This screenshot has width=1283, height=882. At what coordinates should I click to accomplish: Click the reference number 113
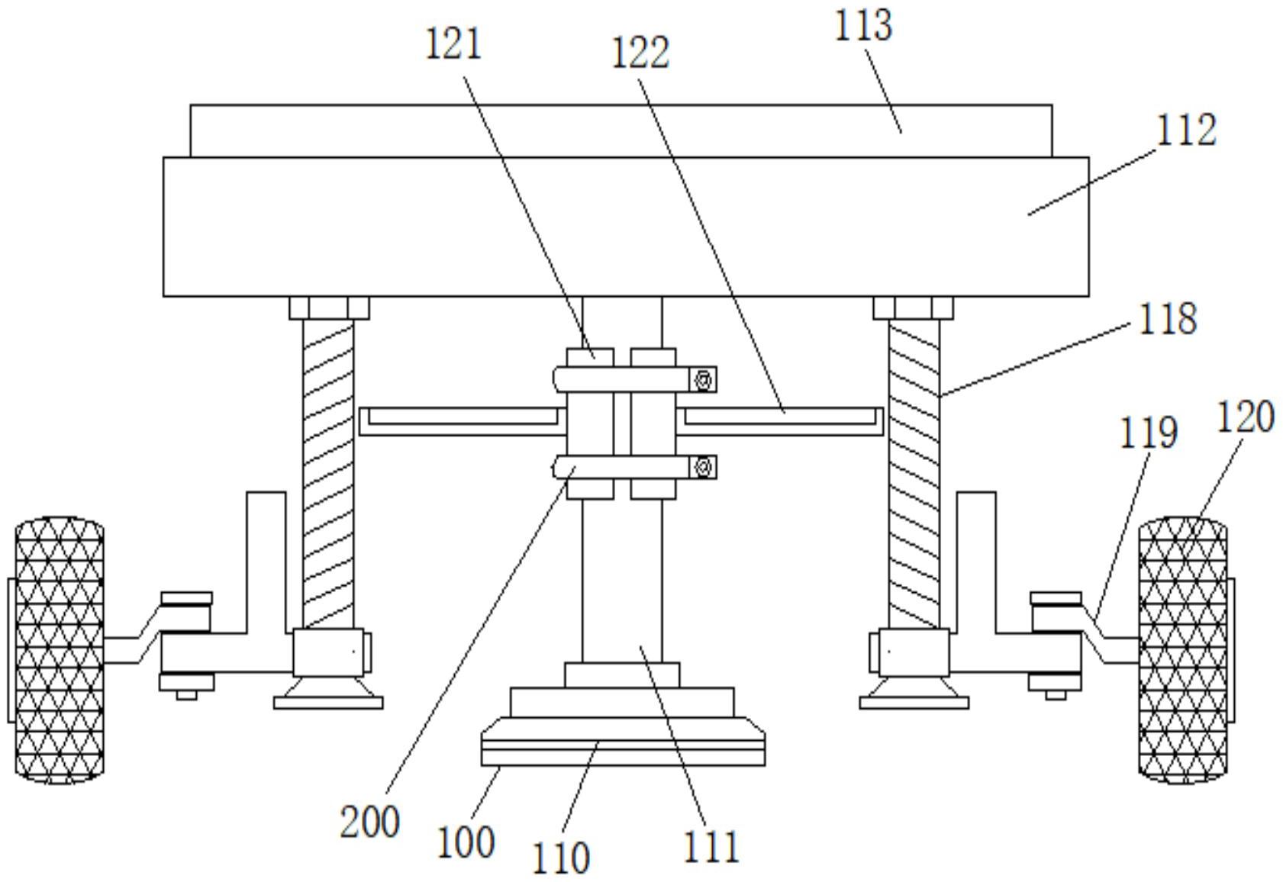click(862, 24)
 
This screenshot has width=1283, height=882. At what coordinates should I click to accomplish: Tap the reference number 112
click(1185, 130)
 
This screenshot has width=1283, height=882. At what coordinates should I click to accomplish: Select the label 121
click(453, 43)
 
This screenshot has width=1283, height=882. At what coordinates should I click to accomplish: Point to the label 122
click(640, 53)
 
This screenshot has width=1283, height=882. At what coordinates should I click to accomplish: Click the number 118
click(1167, 318)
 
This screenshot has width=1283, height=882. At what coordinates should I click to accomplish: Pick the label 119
click(1148, 433)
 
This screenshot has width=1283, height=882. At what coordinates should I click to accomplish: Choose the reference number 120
click(1244, 418)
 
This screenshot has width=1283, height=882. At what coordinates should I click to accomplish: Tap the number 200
click(369, 822)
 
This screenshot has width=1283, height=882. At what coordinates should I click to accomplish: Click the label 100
click(466, 842)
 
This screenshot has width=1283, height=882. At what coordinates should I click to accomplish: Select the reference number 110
click(561, 858)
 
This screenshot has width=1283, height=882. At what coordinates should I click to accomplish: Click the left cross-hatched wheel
click(60, 650)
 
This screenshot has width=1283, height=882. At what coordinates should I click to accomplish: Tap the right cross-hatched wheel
click(1182, 650)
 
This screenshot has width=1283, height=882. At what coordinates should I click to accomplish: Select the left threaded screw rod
click(328, 473)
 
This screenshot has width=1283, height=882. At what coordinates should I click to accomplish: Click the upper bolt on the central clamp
click(703, 379)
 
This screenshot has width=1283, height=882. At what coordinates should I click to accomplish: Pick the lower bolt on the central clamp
click(703, 467)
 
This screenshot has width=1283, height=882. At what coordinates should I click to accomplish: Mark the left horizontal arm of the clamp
click(462, 421)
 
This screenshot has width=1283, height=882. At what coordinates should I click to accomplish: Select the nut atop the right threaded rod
click(913, 308)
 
